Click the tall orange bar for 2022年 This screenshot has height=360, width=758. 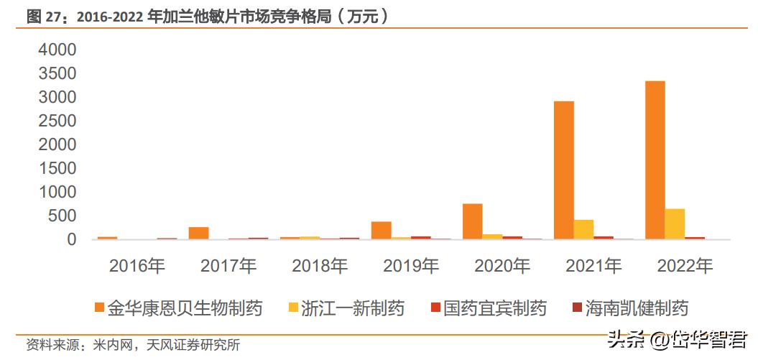[655, 160]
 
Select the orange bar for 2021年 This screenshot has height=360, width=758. [564, 170]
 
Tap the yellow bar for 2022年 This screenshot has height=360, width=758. [675, 223]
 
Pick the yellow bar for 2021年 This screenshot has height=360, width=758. [583, 229]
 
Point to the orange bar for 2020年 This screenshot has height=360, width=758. [473, 221]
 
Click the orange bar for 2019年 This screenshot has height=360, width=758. [382, 230]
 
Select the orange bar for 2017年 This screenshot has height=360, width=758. [198, 233]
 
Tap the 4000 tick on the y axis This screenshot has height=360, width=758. [57, 50]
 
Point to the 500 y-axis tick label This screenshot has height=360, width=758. [63, 216]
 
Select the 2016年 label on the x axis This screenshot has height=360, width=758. [137, 267]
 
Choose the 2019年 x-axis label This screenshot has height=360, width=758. [411, 267]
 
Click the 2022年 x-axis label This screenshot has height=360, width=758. [685, 267]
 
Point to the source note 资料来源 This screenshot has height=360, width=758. [133, 345]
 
